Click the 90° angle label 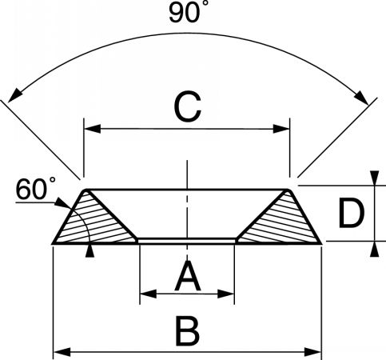(x=185, y=13)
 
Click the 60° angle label (x=36, y=189)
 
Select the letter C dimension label (x=187, y=106)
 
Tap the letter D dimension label (x=351, y=214)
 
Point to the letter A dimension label (x=188, y=276)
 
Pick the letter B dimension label (x=188, y=330)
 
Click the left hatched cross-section (x=95, y=222)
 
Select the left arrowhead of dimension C (x=93, y=129)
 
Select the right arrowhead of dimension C (x=281, y=129)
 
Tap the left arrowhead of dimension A (x=148, y=294)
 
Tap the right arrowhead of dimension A (x=226, y=294)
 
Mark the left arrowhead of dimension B (x=62, y=352)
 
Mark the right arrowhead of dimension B (x=313, y=352)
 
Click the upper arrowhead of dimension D (x=375, y=178)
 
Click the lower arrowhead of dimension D (x=375, y=249)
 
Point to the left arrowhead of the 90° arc (x=14, y=96)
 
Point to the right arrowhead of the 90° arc (x=362, y=98)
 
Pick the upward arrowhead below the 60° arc (x=90, y=250)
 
